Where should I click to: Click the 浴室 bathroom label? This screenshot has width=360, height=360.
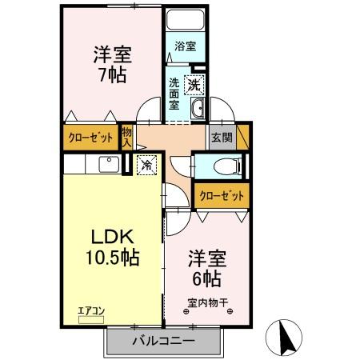[x=185, y=46]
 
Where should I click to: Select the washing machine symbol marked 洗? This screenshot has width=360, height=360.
[x=194, y=82]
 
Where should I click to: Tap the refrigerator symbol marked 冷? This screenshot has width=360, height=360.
[x=147, y=166]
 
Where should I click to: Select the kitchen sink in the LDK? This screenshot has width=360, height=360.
[x=106, y=165]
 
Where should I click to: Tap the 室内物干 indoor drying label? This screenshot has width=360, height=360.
[x=208, y=302]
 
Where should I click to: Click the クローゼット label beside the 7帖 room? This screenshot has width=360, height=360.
[x=90, y=137]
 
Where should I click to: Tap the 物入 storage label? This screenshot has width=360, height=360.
[x=126, y=138]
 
